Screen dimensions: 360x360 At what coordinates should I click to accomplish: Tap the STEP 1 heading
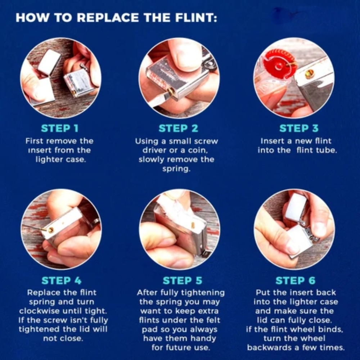60,129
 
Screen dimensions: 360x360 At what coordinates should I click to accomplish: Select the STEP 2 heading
179,129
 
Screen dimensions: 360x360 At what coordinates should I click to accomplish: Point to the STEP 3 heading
299,129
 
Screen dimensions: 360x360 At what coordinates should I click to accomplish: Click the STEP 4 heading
62,280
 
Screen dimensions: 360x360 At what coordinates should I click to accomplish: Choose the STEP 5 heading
183,280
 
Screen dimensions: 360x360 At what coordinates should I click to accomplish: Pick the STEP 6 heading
296,280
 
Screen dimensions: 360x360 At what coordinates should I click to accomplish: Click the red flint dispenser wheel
279,65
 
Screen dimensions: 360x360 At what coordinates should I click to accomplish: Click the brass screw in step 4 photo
50,230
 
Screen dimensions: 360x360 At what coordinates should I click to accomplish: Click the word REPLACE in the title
108,18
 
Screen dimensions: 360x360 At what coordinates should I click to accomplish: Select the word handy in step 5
203,339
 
